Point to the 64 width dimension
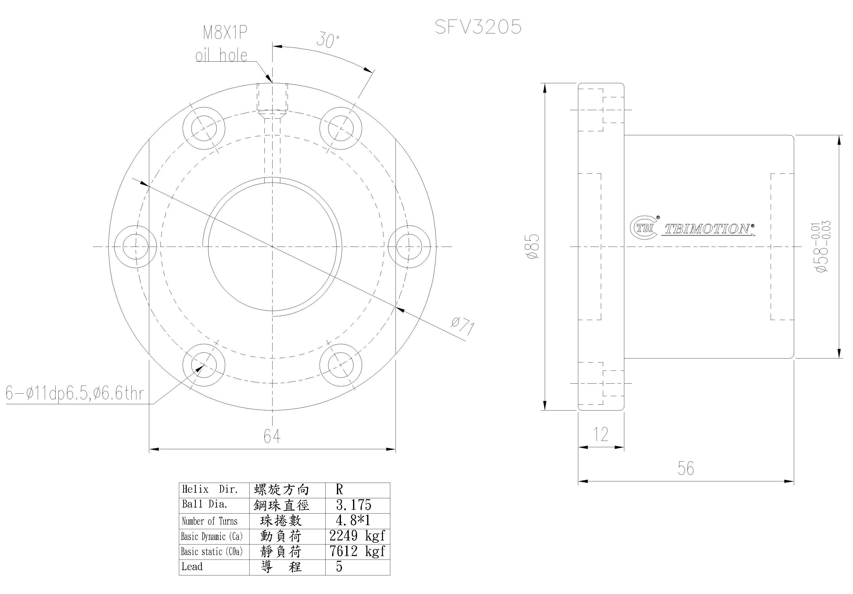272,436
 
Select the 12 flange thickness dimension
601,434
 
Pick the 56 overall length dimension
685,469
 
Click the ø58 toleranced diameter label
822,247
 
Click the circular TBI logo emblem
644,227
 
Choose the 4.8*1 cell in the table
353,521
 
